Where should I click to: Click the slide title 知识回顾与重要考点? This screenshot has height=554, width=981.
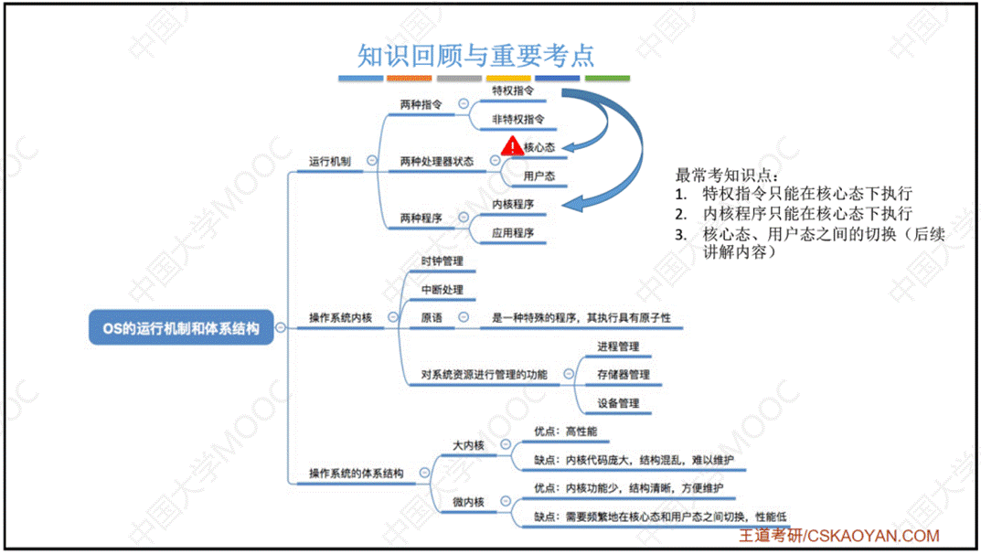point(476,55)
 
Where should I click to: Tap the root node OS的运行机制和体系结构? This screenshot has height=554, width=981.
point(181,327)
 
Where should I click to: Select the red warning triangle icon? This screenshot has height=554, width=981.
point(513,145)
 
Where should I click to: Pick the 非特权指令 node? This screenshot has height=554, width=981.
point(518,120)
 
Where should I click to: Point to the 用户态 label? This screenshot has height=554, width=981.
point(539,176)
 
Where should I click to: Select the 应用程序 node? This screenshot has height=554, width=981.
point(513,233)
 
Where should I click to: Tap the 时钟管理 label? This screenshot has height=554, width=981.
point(442,261)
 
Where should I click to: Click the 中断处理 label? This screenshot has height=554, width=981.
point(442,290)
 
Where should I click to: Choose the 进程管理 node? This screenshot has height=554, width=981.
point(618,346)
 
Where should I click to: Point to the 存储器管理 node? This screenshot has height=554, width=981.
point(624,375)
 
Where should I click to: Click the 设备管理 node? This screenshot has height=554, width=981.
point(618,403)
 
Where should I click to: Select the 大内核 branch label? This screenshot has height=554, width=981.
point(469,445)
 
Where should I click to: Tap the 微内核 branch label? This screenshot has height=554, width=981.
point(469,502)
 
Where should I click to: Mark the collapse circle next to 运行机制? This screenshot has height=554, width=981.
point(371,160)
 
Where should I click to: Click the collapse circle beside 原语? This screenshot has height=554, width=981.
point(463,317)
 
